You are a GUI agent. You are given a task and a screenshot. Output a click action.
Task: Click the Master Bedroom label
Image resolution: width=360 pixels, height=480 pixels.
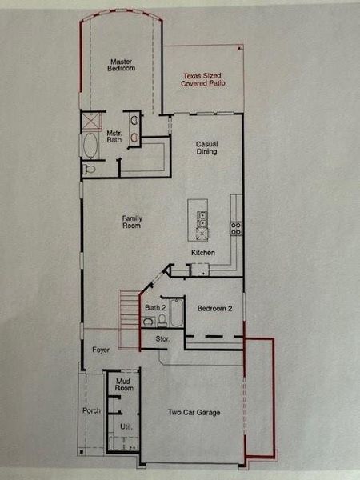point(122,64)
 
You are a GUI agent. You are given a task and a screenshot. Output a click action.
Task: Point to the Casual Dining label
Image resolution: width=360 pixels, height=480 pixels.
point(207,148)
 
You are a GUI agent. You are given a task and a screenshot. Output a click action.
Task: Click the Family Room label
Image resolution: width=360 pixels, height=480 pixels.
point(132,222)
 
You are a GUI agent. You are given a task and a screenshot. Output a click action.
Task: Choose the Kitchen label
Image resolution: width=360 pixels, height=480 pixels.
point(203,254)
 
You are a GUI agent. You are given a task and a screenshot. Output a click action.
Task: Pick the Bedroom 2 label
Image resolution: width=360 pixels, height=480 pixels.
point(214,308)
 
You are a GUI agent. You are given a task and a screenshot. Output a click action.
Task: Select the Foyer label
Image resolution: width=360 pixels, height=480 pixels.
point(100,350)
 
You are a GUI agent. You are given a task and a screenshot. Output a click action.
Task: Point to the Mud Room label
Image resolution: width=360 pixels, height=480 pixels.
point(123,385)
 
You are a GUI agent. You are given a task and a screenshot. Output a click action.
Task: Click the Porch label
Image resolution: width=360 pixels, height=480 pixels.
point(92,411)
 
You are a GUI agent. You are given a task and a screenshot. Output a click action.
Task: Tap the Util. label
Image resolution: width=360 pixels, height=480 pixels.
point(125,428)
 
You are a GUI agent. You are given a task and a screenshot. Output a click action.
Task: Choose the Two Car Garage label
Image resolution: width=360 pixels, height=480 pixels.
point(194,413)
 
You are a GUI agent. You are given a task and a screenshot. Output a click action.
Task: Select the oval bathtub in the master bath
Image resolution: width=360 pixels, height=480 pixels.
point(91,147)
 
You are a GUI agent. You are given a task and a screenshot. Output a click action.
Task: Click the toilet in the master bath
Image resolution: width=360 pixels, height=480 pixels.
point(90,169)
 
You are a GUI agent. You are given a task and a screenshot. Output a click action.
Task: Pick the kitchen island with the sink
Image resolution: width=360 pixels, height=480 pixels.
point(198,219)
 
